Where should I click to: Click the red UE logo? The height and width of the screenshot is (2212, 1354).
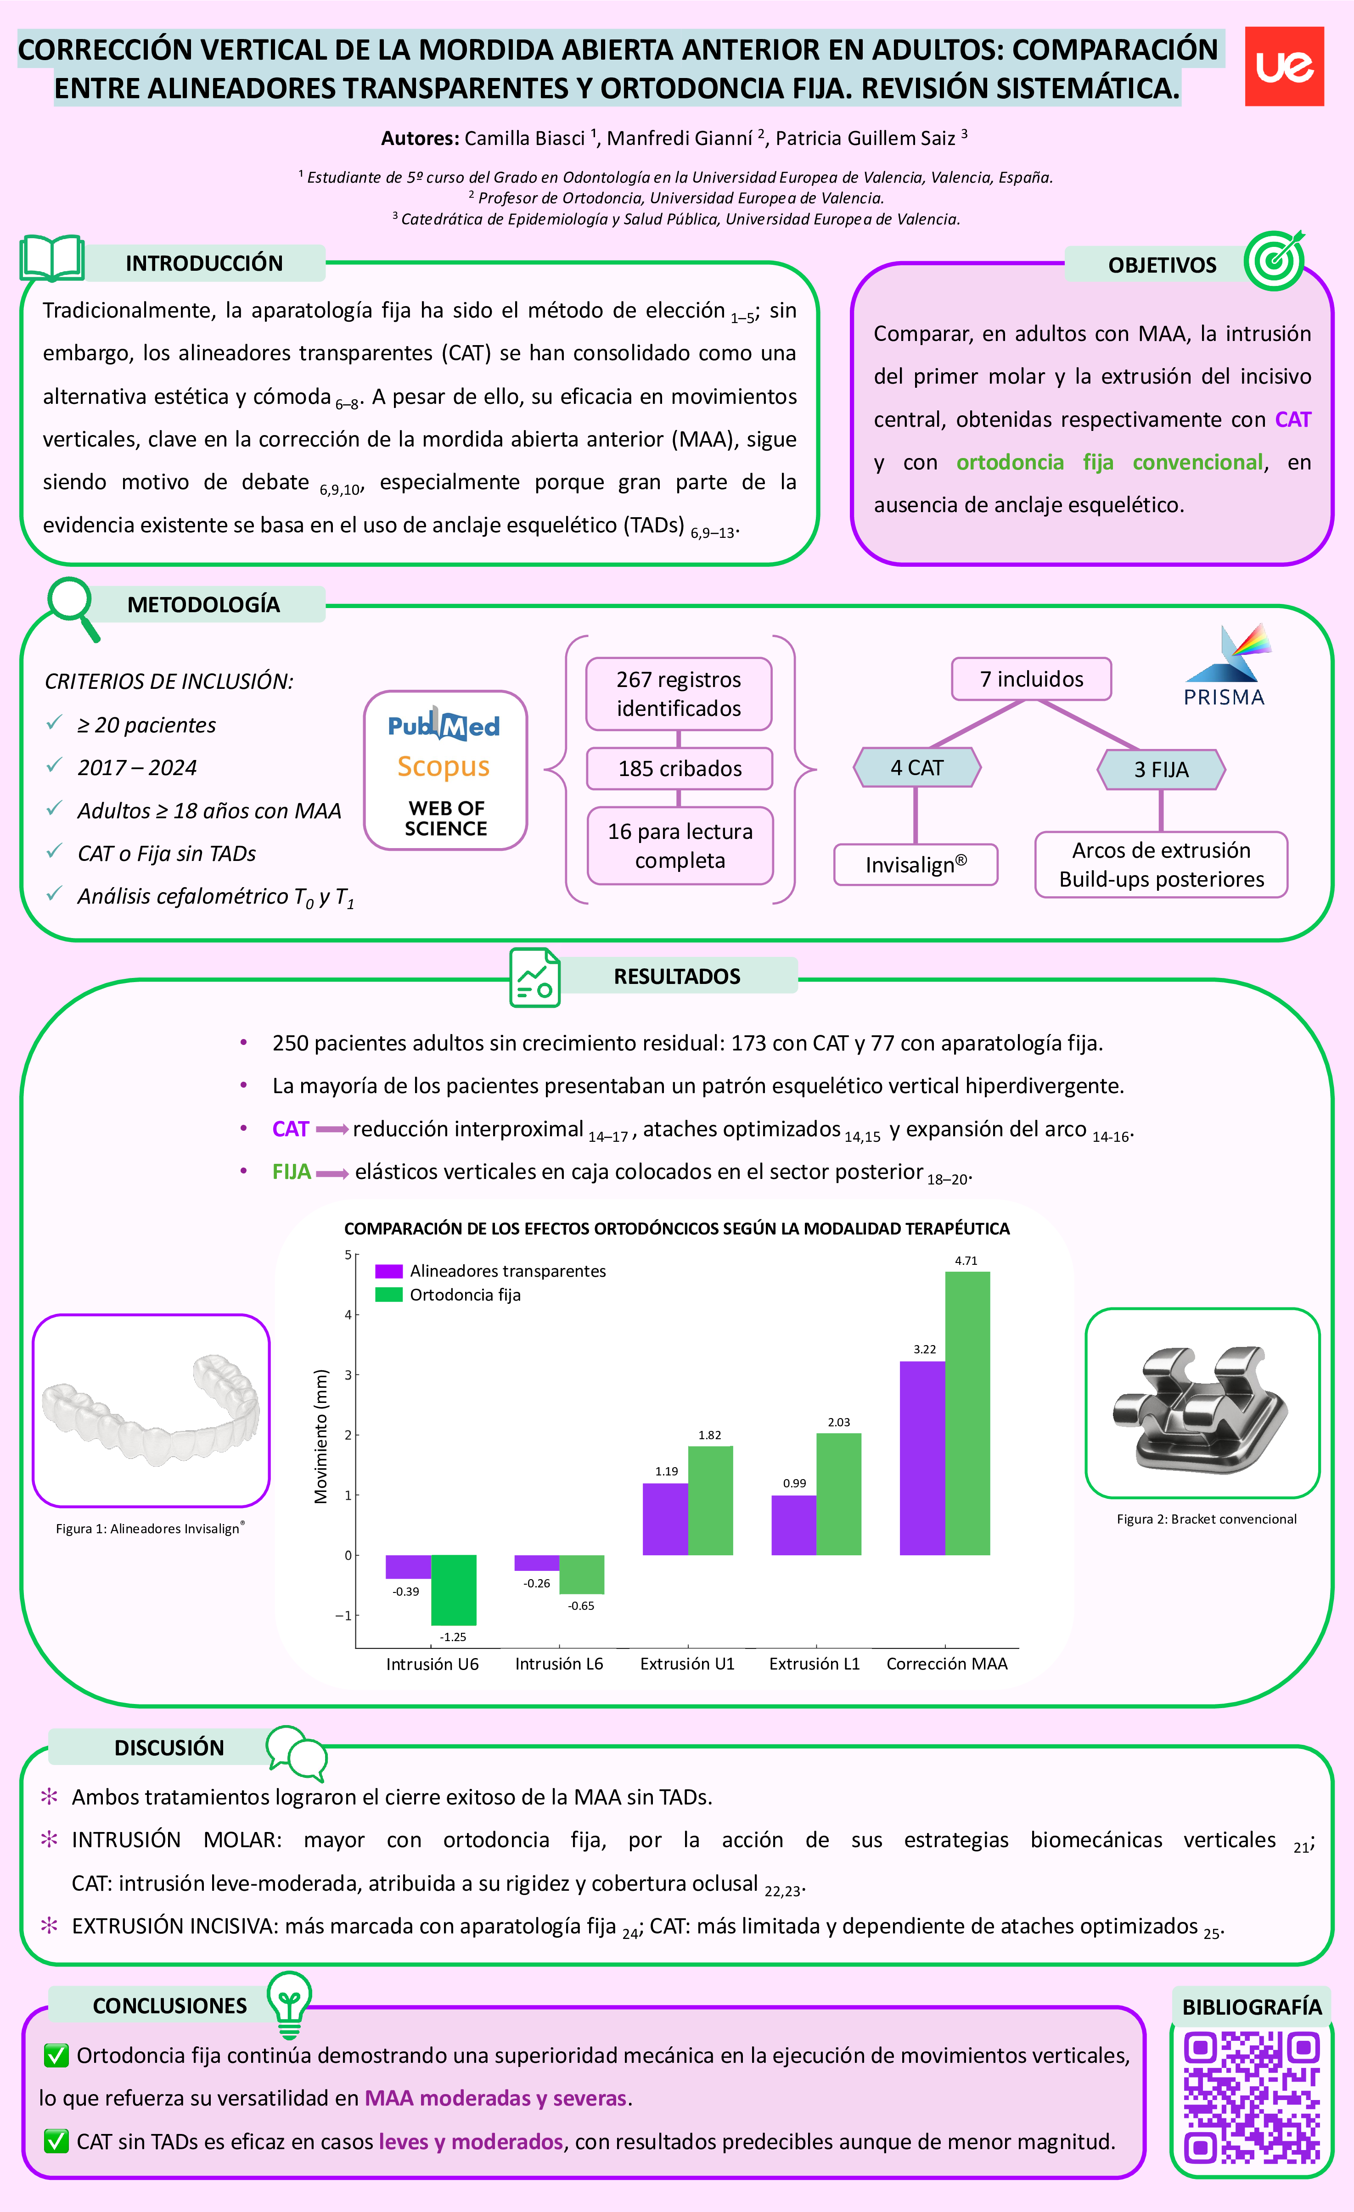click(1284, 67)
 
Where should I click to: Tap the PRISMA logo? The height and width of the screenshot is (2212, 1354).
click(1225, 666)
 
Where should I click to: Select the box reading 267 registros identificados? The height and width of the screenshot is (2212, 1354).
click(679, 694)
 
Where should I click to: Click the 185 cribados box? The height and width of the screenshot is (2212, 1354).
click(680, 768)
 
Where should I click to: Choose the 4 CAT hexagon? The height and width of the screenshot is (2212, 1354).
click(917, 768)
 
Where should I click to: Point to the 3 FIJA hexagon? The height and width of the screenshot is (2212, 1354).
click(1161, 769)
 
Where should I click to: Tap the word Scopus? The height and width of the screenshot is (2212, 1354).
click(444, 767)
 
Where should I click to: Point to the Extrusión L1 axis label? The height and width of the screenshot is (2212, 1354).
click(815, 1664)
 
